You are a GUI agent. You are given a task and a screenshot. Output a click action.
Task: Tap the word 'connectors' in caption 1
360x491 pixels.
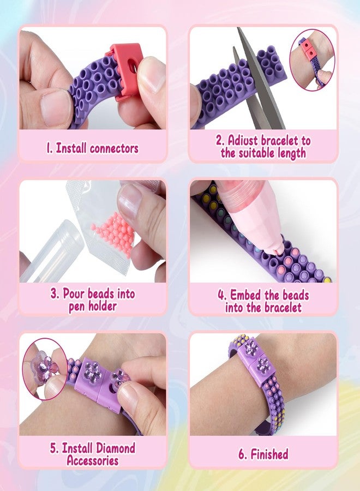(114, 148)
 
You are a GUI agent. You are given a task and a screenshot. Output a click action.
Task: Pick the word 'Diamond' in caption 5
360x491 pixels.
(114, 448)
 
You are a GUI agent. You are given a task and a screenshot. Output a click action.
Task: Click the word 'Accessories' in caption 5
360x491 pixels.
(93, 460)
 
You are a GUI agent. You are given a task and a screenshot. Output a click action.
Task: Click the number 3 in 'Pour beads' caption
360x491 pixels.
(54, 294)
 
